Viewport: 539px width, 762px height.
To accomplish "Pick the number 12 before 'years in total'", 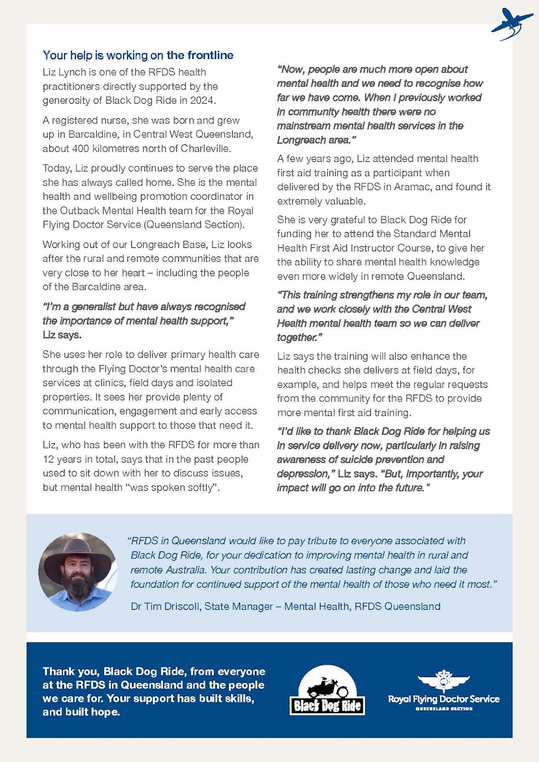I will coord(48,459).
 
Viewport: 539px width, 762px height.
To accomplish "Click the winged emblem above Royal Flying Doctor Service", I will coord(443,681).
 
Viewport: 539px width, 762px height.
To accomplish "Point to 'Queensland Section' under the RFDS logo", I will coord(444,709).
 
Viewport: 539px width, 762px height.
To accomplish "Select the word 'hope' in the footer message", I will coord(106,712).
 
